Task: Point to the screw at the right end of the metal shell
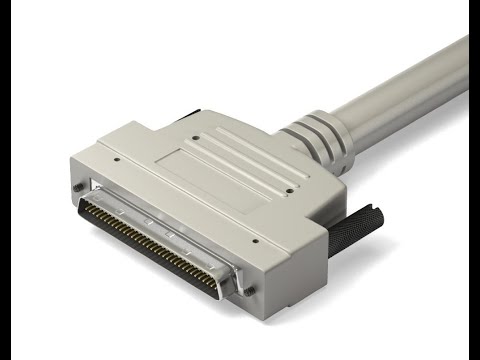pyautogui.click(x=249, y=290)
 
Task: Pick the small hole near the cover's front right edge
pyautogui.click(x=255, y=240)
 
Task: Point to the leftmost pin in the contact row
pyautogui.click(x=84, y=209)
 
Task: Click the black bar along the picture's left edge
pyautogui.click(x=5, y=180)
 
